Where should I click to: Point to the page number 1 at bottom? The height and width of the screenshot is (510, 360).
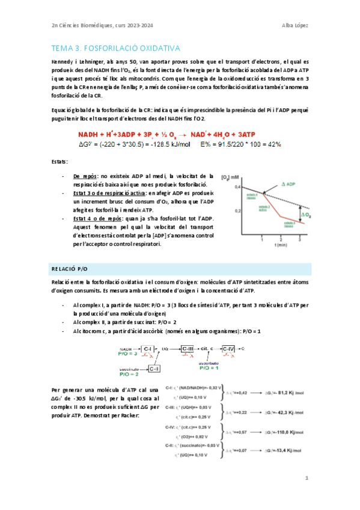[x=307, y=479]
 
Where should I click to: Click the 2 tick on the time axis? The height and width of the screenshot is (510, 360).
[x=281, y=239]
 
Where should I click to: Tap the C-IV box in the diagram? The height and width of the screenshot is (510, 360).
[x=229, y=349]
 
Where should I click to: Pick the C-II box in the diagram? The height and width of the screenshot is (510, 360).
[x=154, y=368]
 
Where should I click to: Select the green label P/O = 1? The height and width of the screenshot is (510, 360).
[x=212, y=368]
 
